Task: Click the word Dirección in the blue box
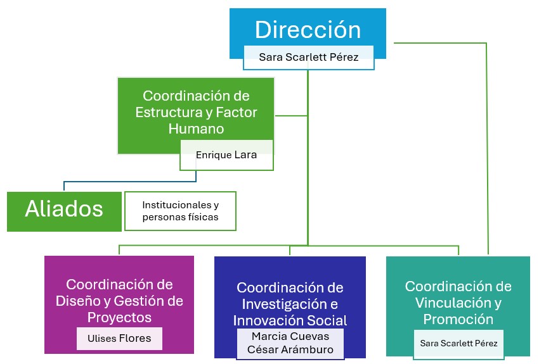pos(308,30)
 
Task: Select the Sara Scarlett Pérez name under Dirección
pos(309,57)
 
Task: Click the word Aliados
pos(64,210)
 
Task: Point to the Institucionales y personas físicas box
pos(181,211)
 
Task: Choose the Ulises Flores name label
pos(119,338)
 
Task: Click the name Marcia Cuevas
pos(290,336)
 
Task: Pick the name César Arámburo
pos(290,350)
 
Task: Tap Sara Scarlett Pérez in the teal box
pos(460,343)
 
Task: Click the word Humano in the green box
pos(196,129)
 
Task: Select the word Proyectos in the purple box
pos(119,317)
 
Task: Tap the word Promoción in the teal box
pos(458,319)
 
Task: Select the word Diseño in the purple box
pos(88,301)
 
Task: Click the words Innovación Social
pos(290,320)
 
